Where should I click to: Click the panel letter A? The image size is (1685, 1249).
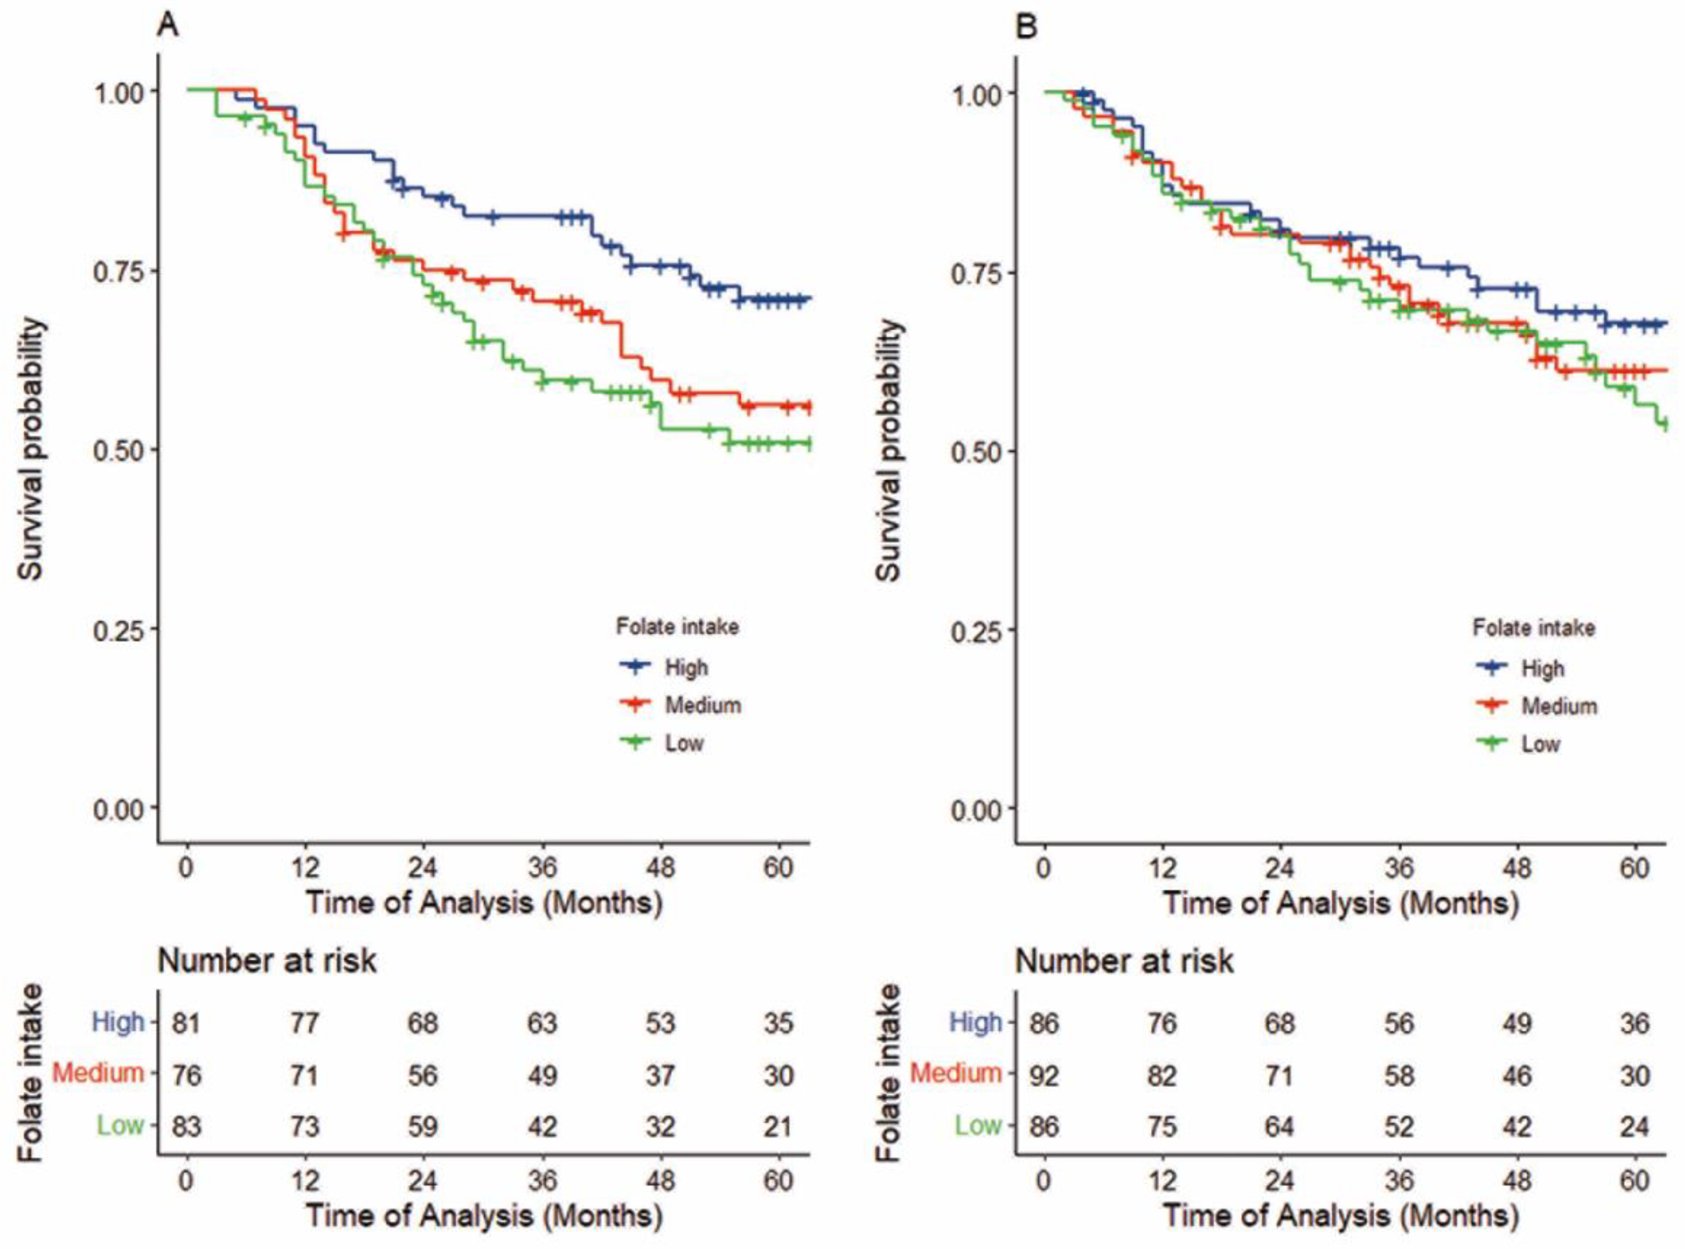[168, 26]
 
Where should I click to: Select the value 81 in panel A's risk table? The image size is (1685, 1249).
[186, 1023]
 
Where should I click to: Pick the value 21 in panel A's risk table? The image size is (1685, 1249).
[778, 1126]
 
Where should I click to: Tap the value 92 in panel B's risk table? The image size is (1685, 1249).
[1044, 1075]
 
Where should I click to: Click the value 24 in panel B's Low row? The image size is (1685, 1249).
[1634, 1126]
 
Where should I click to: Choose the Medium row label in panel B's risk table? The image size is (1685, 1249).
[956, 1073]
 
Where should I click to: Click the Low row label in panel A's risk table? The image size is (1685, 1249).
[119, 1125]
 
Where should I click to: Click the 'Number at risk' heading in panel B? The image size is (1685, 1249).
[1124, 961]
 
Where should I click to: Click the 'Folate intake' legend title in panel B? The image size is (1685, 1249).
[1534, 628]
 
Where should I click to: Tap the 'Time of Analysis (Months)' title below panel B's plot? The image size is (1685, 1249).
[1340, 903]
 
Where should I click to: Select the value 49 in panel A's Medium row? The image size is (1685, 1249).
[542, 1075]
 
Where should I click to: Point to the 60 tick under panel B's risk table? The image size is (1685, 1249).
[1634, 1180]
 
